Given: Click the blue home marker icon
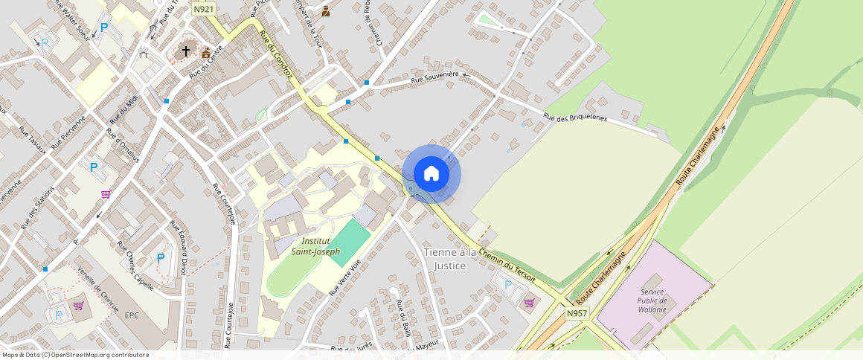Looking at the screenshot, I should click(431, 174).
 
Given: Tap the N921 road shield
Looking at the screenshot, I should click(203, 9).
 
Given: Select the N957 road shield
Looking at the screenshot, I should click(577, 314).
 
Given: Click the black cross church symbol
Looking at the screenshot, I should click(185, 51).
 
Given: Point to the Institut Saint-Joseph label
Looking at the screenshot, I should click(321, 246).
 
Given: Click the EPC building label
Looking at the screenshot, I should click(132, 315).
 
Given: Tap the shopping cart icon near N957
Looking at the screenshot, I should click(529, 303).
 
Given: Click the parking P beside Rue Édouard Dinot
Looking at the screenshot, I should click(160, 258).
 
